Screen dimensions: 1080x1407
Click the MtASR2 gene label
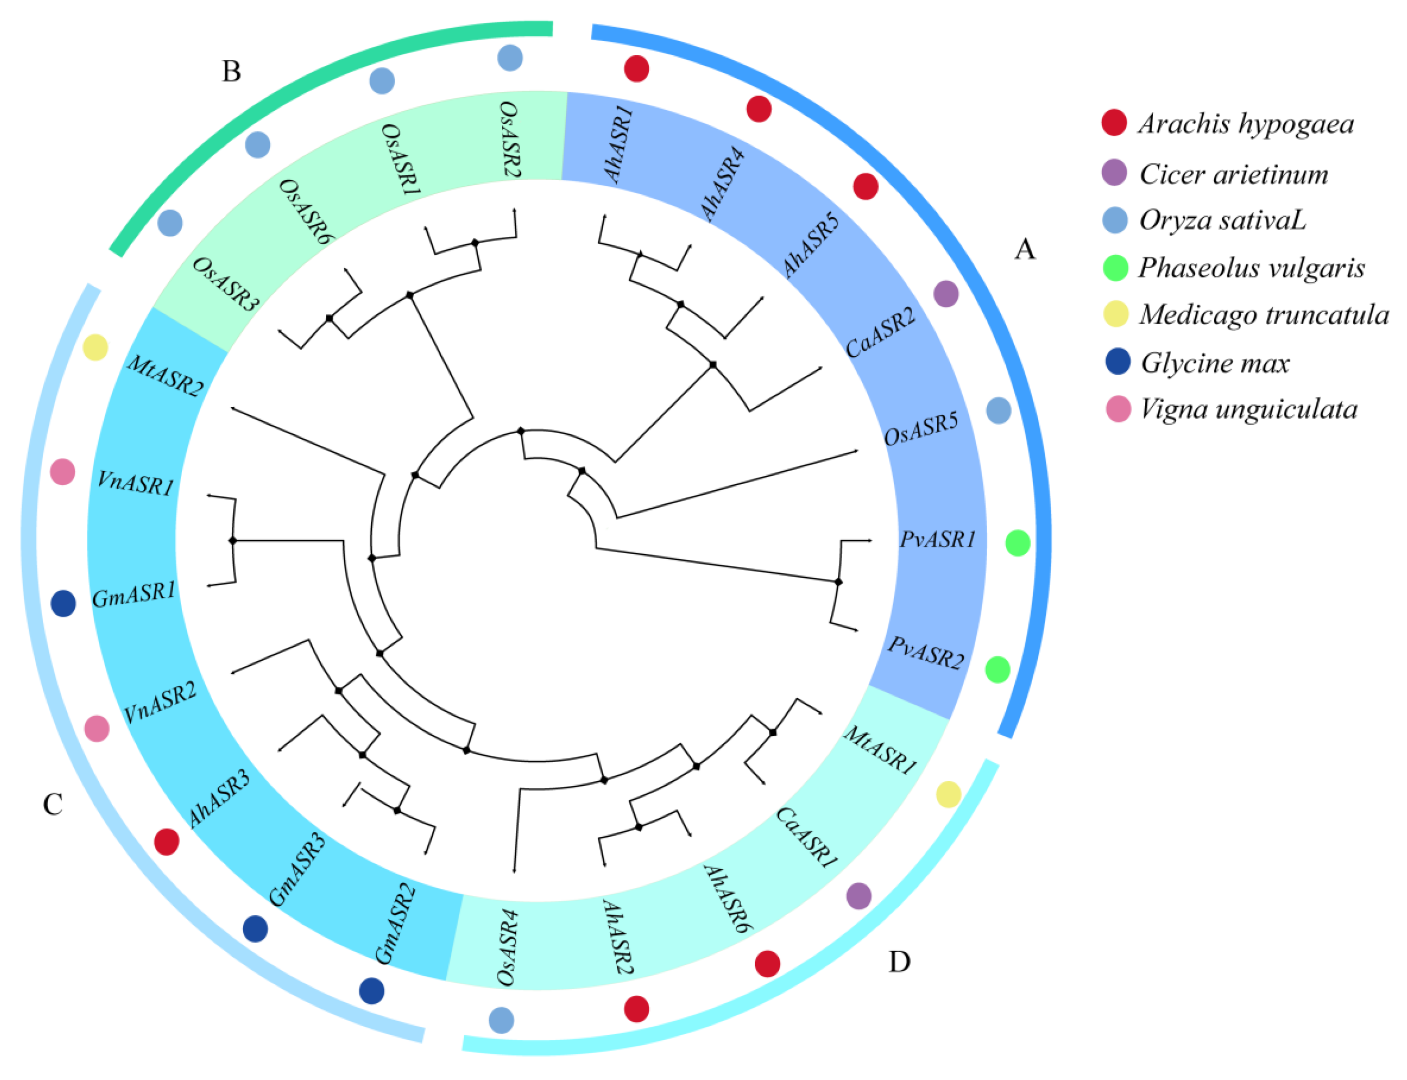coord(165,375)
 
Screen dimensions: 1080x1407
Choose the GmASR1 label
coord(134,595)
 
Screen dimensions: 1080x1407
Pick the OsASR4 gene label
coord(508,947)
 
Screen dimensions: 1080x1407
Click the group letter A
coord(1025,249)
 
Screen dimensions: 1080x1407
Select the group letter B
coord(231,72)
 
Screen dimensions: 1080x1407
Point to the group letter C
coord(53,804)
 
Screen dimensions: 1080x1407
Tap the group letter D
coord(899,962)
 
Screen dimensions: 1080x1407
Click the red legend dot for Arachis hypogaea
coord(1114,122)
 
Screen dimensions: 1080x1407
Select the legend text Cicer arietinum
coord(1233,174)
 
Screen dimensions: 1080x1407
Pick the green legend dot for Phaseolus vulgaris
coord(1115,267)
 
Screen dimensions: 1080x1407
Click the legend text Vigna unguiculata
coord(1248,409)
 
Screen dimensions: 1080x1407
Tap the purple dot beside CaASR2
coord(945,294)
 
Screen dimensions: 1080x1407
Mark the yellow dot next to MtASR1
coord(948,795)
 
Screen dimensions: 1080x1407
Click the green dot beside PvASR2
coord(997,670)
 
